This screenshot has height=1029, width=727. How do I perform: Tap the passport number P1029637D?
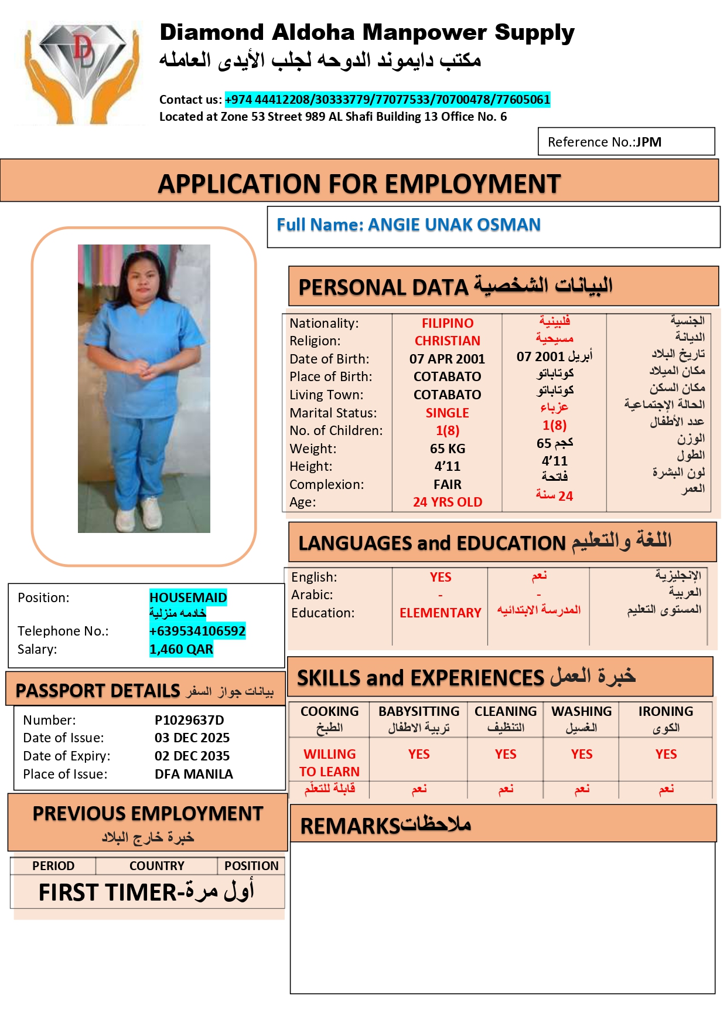pos(189,720)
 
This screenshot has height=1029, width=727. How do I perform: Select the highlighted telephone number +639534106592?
pos(197,631)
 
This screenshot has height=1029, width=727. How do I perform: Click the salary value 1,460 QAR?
pos(181,649)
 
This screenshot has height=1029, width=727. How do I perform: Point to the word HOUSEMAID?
pos(188,597)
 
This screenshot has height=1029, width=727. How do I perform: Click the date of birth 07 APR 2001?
pos(447,359)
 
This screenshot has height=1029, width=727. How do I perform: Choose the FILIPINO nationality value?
pos(448,323)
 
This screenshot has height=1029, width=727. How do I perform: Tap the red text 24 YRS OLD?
pos(448,502)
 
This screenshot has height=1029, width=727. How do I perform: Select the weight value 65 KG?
pos(448,449)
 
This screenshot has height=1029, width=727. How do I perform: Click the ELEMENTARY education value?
pos(440,613)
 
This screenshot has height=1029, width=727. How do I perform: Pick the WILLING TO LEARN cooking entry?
pos(329,762)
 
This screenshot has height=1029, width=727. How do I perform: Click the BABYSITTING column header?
pos(419,711)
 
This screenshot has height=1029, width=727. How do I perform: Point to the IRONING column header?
pos(665,711)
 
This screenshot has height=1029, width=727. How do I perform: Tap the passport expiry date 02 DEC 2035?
pos(192,756)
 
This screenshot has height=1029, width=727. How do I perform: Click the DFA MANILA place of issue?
pos(194,774)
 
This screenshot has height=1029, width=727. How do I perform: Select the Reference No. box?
pos(626,142)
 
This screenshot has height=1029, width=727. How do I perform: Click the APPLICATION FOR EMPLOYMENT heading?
pos(359,184)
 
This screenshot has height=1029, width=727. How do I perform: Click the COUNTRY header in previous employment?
pos(157,865)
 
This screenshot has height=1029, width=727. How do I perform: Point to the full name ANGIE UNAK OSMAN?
pos(454,225)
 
